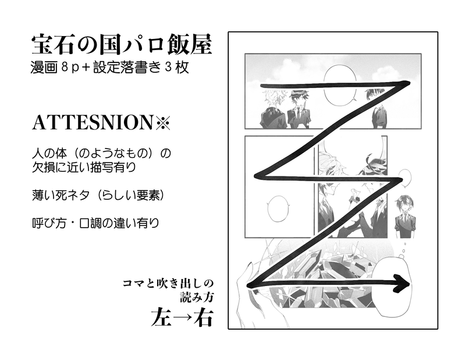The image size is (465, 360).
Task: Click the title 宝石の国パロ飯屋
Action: tap(122, 45)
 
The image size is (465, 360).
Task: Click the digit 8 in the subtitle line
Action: tap(66, 68)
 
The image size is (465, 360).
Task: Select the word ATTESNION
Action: tap(92, 122)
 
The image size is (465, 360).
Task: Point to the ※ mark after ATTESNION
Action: tap(162, 123)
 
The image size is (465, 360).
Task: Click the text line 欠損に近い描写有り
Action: tap(84, 167)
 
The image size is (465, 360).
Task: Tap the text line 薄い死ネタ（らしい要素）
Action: tap(98, 195)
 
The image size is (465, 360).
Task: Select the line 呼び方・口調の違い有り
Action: tap(95, 223)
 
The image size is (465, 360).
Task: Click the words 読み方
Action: tap(197, 297)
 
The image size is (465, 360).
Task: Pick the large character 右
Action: tap(204, 318)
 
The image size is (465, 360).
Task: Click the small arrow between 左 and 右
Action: tap(183, 319)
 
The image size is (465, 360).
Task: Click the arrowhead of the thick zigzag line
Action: tap(402, 284)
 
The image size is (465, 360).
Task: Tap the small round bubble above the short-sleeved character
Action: tap(405, 178)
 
